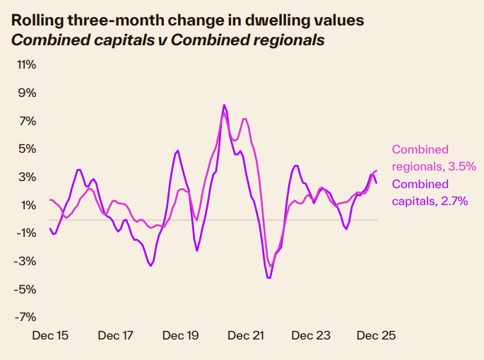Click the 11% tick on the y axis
click(x=26, y=65)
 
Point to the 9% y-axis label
click(x=26, y=93)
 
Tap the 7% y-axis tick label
click(x=26, y=121)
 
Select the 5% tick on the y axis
click(x=26, y=149)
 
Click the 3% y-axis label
click(x=26, y=178)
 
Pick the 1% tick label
click(x=26, y=205)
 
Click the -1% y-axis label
click(x=25, y=233)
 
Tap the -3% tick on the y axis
click(x=25, y=262)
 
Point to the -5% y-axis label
click(x=25, y=289)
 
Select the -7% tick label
click(x=25, y=318)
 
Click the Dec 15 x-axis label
click(x=51, y=336)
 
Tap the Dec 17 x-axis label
click(x=116, y=336)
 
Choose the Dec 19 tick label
click(x=181, y=336)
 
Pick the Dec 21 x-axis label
click(x=246, y=336)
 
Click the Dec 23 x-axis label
click(x=311, y=336)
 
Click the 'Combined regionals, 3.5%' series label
click(x=433, y=158)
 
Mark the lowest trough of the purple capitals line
click(x=269, y=278)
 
